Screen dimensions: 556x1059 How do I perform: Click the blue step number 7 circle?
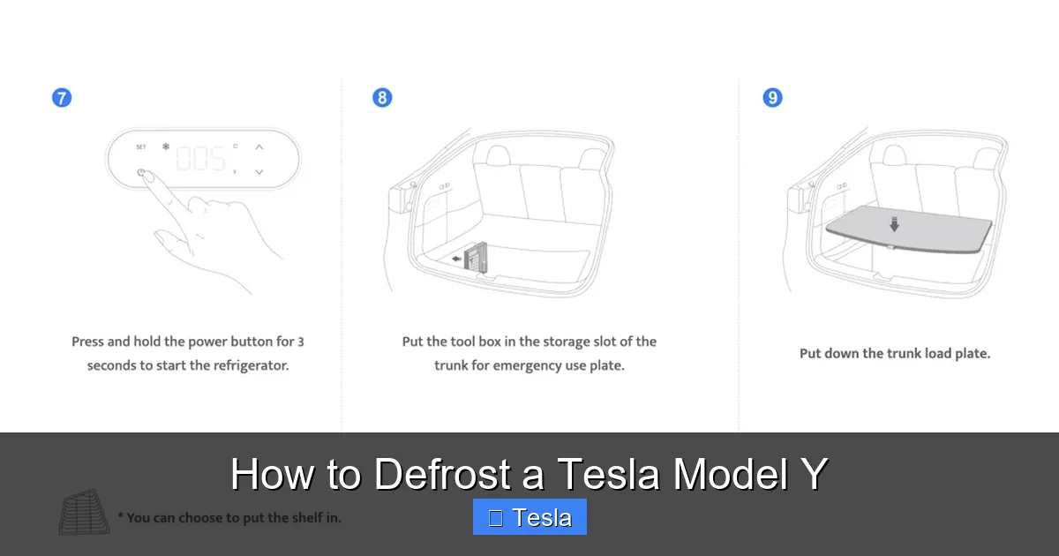62,98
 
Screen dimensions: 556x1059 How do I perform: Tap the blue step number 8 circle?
382,98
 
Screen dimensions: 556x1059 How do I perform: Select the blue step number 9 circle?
772,98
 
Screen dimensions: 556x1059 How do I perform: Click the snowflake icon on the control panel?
165,147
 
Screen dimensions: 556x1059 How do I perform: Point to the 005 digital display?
200,159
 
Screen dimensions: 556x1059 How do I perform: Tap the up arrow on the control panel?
259,147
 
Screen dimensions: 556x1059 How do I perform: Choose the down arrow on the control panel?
259,172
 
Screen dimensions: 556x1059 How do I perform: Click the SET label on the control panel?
141,147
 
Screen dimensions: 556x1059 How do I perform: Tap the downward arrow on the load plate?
894,224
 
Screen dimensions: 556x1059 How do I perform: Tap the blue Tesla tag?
529,517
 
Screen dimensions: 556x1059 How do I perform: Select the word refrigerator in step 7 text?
244,364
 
